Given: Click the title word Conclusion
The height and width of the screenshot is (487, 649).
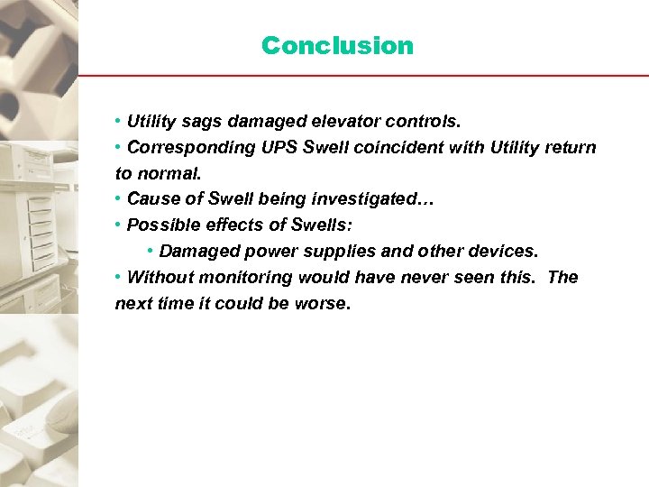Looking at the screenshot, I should point(337,45).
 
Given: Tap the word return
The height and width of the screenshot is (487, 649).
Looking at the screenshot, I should point(569,147).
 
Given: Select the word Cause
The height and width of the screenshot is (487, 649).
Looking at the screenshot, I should point(150,199).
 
